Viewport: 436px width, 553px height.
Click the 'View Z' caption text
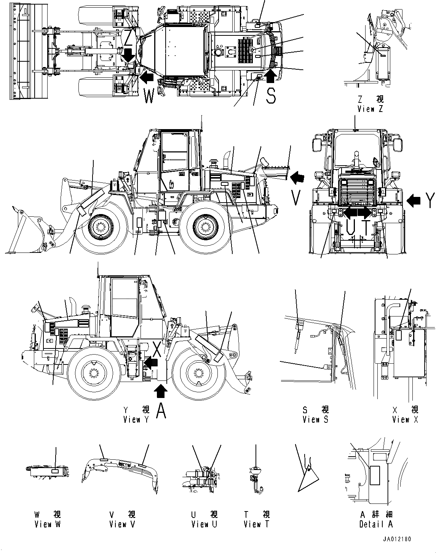tap(370, 109)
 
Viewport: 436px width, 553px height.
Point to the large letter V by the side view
tap(296, 197)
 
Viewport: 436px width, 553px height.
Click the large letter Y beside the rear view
tap(430, 200)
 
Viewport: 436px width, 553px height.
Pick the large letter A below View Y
tap(161, 411)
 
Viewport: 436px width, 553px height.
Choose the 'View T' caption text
tap(256, 524)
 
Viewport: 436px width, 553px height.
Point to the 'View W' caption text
tap(47, 524)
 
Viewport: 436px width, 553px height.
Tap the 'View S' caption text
tap(315, 419)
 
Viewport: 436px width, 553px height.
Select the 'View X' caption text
tap(406, 419)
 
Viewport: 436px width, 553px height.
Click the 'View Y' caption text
tap(137, 419)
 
